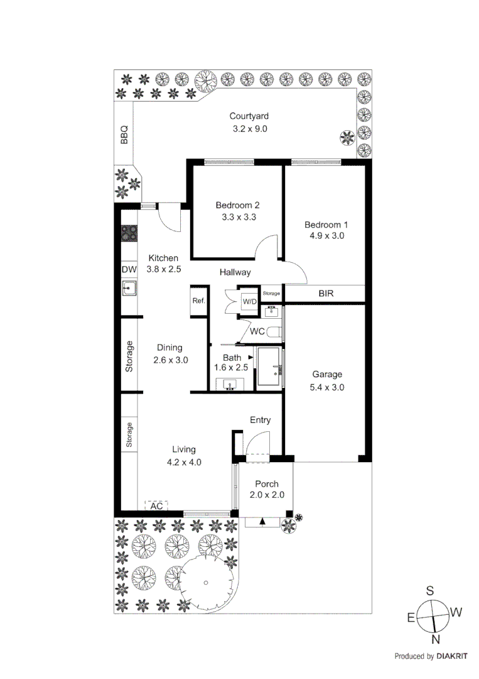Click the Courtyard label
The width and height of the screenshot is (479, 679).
click(x=249, y=116)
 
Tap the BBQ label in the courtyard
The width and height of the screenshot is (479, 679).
click(x=124, y=134)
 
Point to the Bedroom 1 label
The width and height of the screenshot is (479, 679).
click(x=326, y=224)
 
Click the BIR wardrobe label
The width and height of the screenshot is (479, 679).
click(x=326, y=293)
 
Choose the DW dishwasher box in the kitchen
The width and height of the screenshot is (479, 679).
click(x=129, y=270)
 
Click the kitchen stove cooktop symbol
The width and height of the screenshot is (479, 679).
click(x=129, y=234)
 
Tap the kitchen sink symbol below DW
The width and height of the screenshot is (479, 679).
click(x=129, y=289)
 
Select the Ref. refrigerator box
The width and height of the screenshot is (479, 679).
click(x=199, y=301)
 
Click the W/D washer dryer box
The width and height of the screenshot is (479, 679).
click(x=250, y=302)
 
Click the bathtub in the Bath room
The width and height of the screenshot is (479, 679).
click(x=270, y=368)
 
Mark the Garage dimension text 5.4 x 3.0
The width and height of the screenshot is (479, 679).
click(x=327, y=387)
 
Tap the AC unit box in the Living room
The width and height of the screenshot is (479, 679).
click(x=157, y=505)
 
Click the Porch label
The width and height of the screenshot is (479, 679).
click(x=266, y=484)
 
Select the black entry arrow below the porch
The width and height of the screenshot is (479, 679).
click(x=262, y=521)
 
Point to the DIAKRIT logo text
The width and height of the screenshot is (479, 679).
click(x=452, y=656)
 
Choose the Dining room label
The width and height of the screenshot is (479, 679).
click(x=170, y=348)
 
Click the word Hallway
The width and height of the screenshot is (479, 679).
click(x=235, y=272)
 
